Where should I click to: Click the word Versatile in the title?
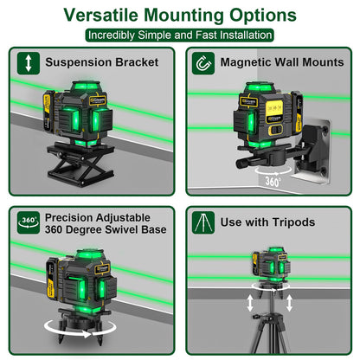[x=100, y=15]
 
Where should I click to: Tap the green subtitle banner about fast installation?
[x=180, y=35]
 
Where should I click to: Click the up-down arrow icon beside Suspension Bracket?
[x=29, y=63]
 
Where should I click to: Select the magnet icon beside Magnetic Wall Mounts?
[x=203, y=63]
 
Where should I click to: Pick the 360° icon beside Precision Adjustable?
[x=29, y=222]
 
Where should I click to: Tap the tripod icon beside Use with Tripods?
[x=203, y=222]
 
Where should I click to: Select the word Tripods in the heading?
[x=293, y=222]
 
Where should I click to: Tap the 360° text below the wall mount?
[x=273, y=182]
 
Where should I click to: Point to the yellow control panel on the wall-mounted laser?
[x=274, y=111]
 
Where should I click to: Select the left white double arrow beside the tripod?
[x=250, y=303]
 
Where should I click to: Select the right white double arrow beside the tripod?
[x=289, y=303]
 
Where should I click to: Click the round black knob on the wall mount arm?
[x=241, y=164]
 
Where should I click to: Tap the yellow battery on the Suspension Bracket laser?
[x=48, y=112]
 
